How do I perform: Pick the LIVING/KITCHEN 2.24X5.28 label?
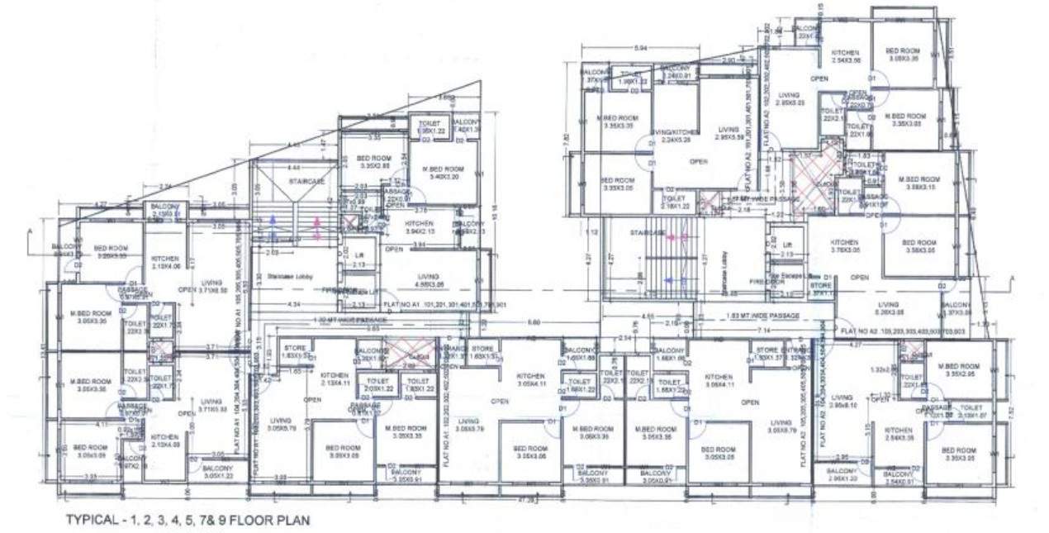point(676,136)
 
